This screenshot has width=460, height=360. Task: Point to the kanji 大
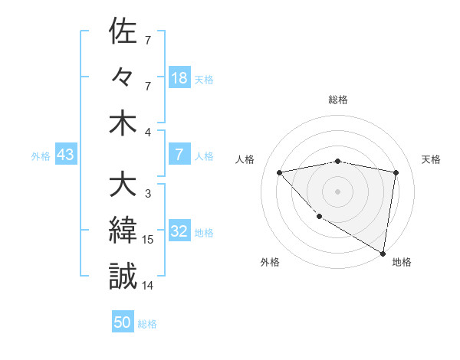(123, 185)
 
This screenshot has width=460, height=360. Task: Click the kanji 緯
(123, 230)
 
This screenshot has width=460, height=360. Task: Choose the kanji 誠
(123, 276)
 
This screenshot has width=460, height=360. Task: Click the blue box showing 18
(179, 77)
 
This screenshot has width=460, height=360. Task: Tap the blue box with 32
(179, 231)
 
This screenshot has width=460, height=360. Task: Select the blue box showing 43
(65, 155)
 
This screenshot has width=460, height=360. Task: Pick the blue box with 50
(123, 322)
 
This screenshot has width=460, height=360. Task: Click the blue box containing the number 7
(179, 155)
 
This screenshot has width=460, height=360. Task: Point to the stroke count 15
(149, 240)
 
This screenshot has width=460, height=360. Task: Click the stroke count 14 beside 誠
(149, 286)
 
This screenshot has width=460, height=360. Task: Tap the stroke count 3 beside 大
(148, 194)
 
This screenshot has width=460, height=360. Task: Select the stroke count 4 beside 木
(148, 132)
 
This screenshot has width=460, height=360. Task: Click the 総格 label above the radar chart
(337, 100)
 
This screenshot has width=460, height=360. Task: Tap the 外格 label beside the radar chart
(270, 263)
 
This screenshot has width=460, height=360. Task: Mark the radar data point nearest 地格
(383, 253)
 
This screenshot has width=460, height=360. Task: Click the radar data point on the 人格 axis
(280, 172)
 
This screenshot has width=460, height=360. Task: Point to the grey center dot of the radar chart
(337, 191)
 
